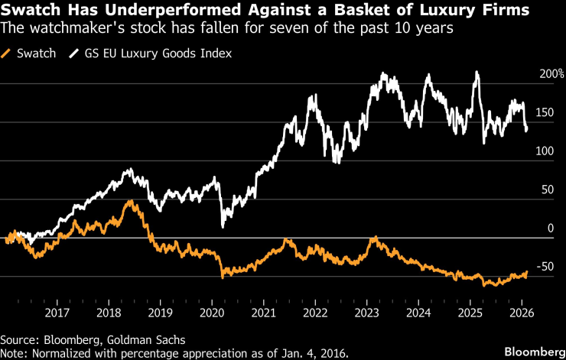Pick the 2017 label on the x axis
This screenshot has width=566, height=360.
pyautogui.click(x=57, y=313)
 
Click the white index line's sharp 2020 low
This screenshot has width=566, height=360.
pyautogui.click(x=223, y=226)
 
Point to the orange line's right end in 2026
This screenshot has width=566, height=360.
pyautogui.click(x=527, y=271)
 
